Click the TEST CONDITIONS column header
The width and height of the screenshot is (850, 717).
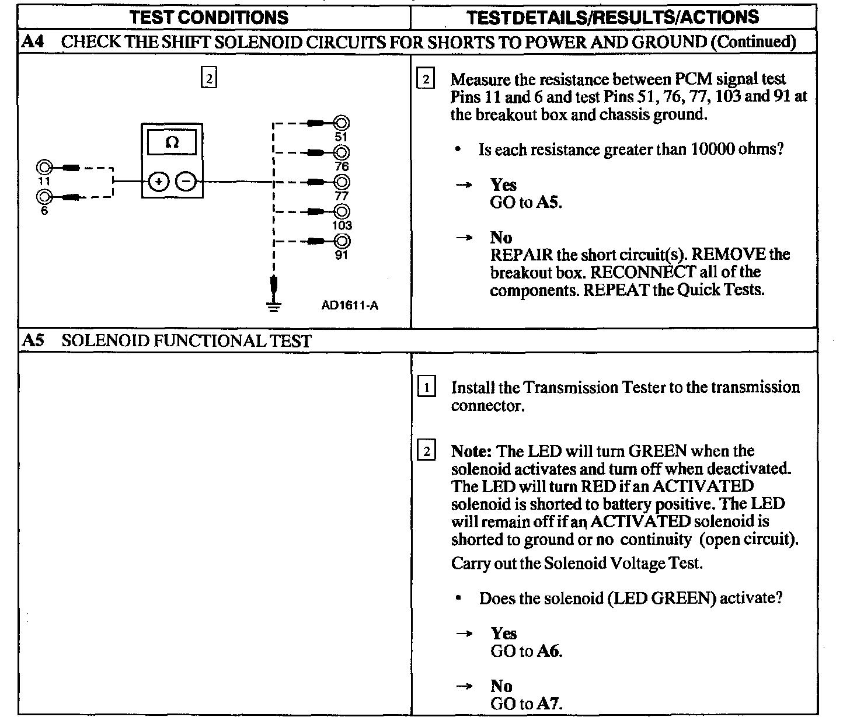coord(209,18)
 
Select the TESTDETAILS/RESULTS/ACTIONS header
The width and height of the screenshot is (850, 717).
coord(613,18)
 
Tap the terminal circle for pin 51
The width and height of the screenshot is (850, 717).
coord(342,123)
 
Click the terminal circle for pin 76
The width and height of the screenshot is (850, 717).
coord(342,152)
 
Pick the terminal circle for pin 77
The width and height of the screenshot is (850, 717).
coord(342,182)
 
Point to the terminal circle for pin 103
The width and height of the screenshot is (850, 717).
coord(342,211)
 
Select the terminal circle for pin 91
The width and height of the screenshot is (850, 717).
coord(342,241)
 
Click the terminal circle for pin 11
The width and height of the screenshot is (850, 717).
coord(44,167)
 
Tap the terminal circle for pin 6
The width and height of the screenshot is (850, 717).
coord(44,196)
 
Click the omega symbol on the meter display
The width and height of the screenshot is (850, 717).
coord(172,142)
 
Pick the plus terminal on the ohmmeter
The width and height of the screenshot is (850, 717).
coord(158,182)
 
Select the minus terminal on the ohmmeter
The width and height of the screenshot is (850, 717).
coord(186,182)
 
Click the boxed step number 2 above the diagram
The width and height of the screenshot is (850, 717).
coord(208,78)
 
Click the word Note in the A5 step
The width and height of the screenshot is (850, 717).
coord(472,451)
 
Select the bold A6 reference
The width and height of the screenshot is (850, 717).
coord(549,651)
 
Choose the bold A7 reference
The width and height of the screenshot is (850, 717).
coord(549,704)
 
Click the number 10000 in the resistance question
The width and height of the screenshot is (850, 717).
coord(717,149)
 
